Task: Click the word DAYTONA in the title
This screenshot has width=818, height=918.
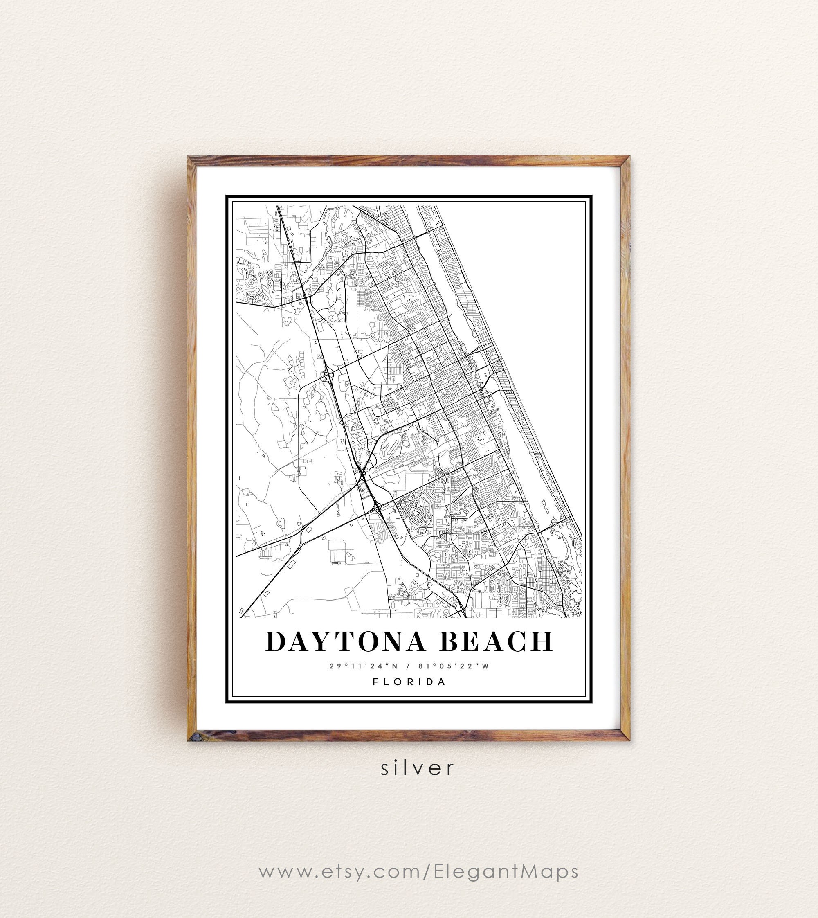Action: [x=345, y=641]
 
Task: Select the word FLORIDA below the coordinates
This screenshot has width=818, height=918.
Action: [x=409, y=682]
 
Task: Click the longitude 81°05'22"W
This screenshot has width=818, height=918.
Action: [x=454, y=666]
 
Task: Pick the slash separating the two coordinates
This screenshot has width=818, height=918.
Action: [x=408, y=666]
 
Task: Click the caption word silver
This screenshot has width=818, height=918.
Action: [x=418, y=768]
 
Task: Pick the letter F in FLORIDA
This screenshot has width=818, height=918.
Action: [x=375, y=682]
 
